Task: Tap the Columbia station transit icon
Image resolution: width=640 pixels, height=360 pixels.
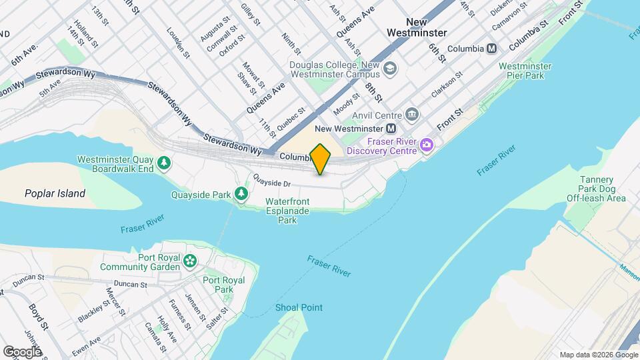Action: (x=492, y=48)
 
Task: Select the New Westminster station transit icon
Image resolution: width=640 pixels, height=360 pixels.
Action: (x=392, y=128)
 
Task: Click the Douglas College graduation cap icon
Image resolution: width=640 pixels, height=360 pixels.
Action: (x=389, y=69)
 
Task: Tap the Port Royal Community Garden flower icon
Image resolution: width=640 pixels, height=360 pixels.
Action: (x=191, y=261)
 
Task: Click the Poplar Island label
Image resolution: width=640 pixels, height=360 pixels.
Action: (x=55, y=194)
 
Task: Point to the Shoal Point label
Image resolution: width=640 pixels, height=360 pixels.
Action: (x=299, y=307)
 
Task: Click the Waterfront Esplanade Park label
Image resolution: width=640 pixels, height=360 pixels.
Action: (x=287, y=210)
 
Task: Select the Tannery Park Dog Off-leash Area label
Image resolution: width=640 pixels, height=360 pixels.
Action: (x=596, y=189)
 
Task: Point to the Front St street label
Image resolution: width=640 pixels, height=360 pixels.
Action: (x=449, y=119)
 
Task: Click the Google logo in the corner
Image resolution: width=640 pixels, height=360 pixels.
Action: (x=22, y=351)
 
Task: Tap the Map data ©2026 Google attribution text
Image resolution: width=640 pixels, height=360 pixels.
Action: (x=598, y=354)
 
